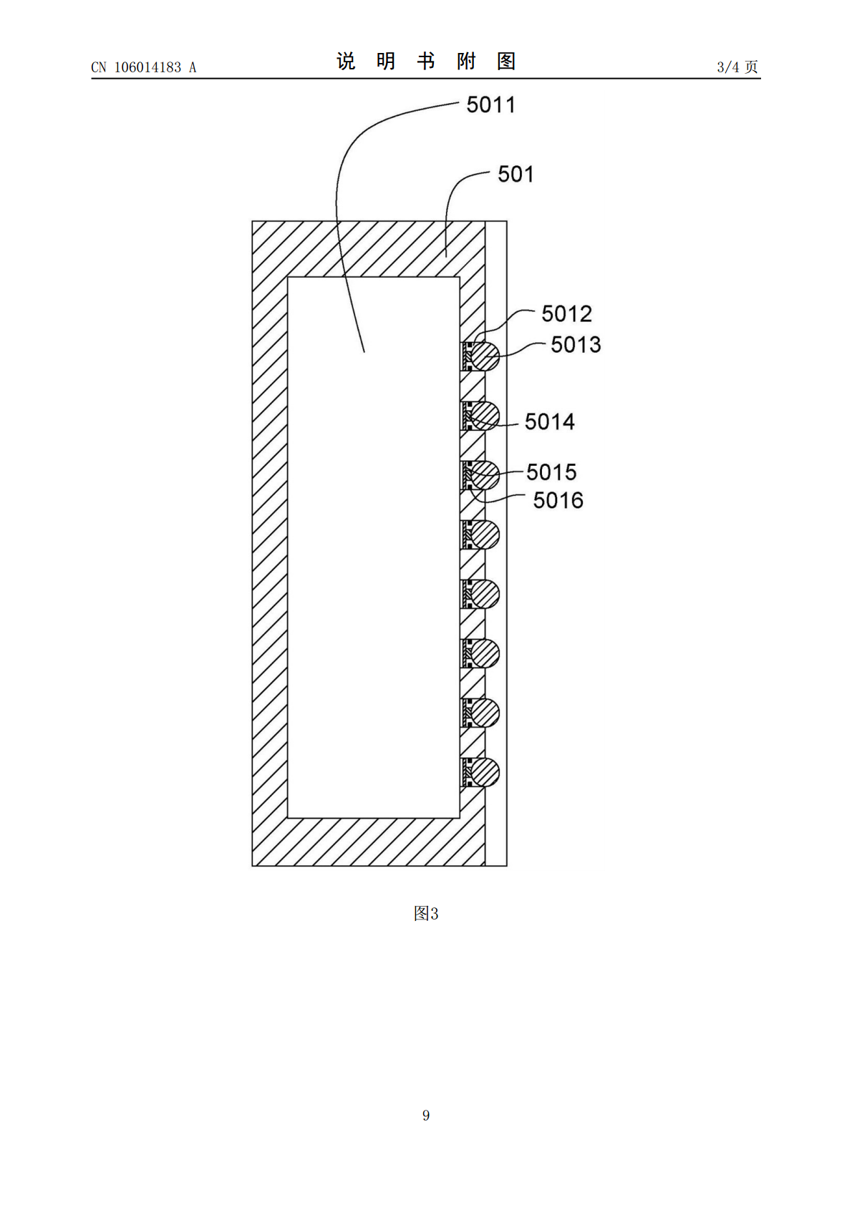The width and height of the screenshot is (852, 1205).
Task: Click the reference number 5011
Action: [491, 105]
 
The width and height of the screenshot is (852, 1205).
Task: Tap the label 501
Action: [515, 175]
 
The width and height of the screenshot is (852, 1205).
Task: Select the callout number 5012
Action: [567, 313]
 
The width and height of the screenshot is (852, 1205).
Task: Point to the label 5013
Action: [576, 345]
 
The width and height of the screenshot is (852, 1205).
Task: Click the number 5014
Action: [550, 421]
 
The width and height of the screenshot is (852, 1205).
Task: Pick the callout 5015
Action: [551, 472]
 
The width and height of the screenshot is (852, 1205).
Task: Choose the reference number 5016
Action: [558, 500]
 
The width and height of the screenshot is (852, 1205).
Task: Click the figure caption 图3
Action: [426, 913]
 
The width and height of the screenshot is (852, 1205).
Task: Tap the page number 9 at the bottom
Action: [426, 1115]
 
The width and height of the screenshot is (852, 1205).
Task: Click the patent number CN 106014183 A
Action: [144, 67]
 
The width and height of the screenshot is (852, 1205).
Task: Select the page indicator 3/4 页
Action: [737, 67]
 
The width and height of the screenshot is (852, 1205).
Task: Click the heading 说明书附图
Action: [426, 61]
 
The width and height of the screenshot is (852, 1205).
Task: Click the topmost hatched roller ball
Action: [485, 356]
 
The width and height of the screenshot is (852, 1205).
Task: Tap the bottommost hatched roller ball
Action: [485, 773]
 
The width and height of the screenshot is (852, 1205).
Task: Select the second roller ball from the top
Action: [485, 416]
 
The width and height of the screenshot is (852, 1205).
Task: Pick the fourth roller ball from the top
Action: [485, 535]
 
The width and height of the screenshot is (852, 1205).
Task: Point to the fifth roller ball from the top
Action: [485, 595]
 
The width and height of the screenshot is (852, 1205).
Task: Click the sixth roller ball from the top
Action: [485, 653]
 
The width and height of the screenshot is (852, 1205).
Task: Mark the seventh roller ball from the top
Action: [485, 713]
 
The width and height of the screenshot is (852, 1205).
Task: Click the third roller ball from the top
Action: [485, 475]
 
